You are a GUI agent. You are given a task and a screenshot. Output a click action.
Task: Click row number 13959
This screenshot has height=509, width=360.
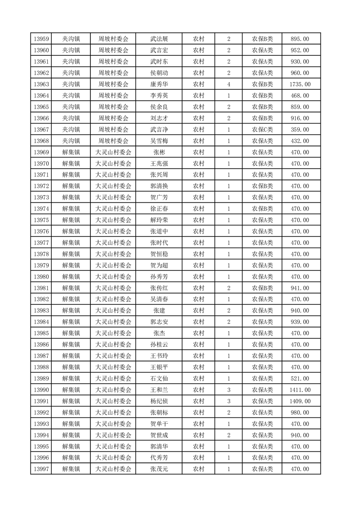click(x=41, y=39)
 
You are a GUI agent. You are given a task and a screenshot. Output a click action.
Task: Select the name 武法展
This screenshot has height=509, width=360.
click(x=159, y=39)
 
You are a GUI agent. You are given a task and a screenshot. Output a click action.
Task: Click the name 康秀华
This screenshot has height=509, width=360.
click(x=159, y=84)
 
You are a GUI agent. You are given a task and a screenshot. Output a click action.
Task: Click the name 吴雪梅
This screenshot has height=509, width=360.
click(x=159, y=141)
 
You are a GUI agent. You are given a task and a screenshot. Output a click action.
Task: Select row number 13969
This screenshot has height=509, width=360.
click(x=41, y=152)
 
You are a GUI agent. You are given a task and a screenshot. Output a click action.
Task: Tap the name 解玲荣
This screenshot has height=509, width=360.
click(x=159, y=220)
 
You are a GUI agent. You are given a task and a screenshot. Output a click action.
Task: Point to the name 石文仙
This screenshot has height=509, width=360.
click(x=159, y=378)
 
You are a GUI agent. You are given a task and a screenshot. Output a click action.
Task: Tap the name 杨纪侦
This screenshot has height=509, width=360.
click(x=159, y=401)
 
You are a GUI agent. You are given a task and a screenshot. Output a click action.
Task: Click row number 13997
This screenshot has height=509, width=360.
click(x=41, y=469)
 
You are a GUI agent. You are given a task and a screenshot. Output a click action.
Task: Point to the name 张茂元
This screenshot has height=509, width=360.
click(x=159, y=469)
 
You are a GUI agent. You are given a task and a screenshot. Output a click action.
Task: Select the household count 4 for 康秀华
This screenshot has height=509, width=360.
click(x=228, y=84)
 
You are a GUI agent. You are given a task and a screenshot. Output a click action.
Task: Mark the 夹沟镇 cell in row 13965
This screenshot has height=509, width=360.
click(x=71, y=107)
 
